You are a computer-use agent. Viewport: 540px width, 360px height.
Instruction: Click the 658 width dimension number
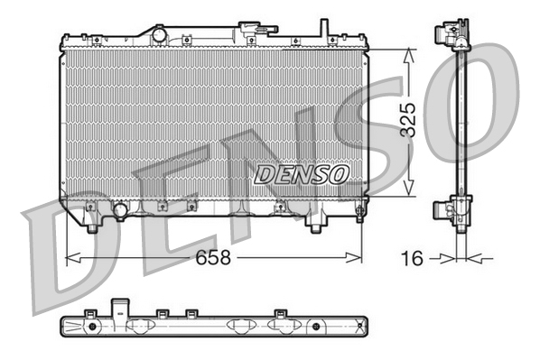[x=214, y=257]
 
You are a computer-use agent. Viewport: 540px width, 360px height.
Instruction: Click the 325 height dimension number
[x=408, y=121]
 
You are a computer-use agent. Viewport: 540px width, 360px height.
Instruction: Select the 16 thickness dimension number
[x=412, y=258]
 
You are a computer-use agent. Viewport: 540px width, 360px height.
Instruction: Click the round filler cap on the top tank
[x=160, y=34]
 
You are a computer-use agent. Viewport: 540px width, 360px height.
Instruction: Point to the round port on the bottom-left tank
[x=119, y=211]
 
